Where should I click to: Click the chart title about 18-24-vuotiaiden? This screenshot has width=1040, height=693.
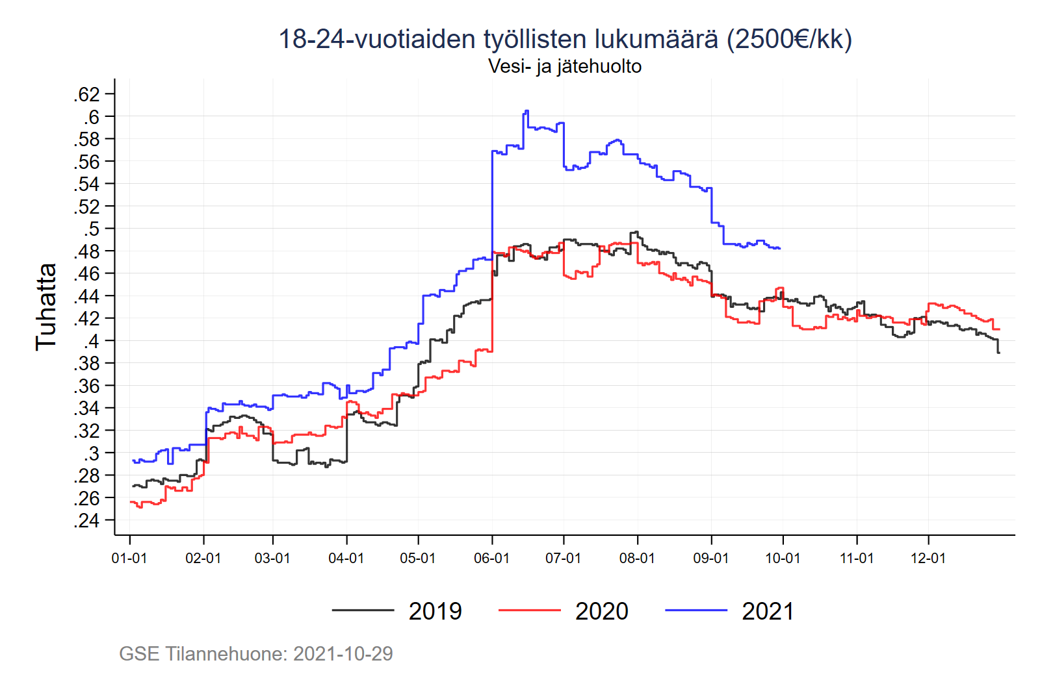565,39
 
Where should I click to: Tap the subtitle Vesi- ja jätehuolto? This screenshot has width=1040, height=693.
565,66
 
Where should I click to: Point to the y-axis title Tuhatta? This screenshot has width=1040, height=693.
46,307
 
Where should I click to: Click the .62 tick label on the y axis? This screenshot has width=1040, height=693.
87,95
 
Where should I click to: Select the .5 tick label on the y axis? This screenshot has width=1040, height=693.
92,229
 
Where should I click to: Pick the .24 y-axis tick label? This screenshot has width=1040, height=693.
87,521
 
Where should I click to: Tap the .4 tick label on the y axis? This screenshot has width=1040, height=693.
92,341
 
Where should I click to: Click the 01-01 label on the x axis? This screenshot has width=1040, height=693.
129,559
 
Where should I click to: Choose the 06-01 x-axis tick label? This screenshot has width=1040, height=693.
491,559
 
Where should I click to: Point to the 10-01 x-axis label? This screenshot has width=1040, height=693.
783,559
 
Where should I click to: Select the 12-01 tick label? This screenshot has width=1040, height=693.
928,559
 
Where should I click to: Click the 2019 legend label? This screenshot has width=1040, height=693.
435,611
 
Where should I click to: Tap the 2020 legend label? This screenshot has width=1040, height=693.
601,611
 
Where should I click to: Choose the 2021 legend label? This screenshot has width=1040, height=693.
768,611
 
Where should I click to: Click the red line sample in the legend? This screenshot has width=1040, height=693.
529,611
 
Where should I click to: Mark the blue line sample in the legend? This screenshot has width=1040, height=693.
695,611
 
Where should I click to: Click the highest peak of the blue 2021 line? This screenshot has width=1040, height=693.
526,111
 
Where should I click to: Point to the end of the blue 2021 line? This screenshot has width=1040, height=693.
779,248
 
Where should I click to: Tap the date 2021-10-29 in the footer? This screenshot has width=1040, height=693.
343,653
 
